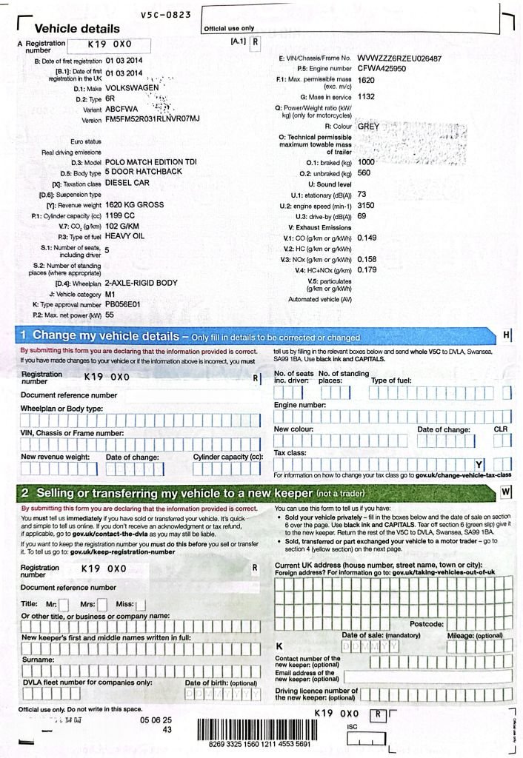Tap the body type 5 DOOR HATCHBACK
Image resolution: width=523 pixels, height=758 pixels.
point(143,171)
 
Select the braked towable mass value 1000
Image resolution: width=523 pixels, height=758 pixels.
point(366,161)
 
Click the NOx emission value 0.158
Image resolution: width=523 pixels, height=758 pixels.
point(367,260)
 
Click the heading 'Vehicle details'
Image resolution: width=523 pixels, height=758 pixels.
point(76,29)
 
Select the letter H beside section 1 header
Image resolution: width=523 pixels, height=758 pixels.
point(506,335)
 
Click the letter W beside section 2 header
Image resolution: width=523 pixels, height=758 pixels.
point(506,492)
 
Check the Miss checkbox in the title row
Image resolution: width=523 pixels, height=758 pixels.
point(141,604)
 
